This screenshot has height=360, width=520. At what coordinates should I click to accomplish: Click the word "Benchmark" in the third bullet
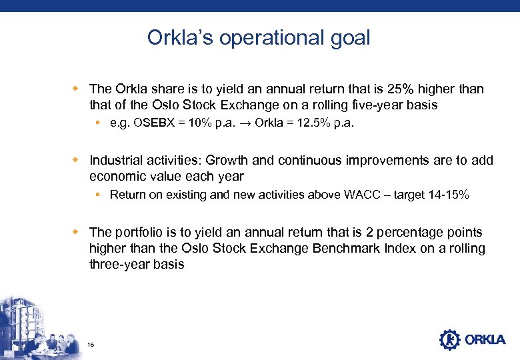pyautogui.click(x=350, y=248)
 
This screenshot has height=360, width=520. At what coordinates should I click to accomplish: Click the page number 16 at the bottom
pyautogui.click(x=91, y=344)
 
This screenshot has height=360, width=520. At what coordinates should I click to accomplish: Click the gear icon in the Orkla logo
pyautogui.click(x=450, y=339)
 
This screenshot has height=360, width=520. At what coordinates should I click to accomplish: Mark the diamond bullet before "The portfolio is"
pyautogui.click(x=76, y=232)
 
